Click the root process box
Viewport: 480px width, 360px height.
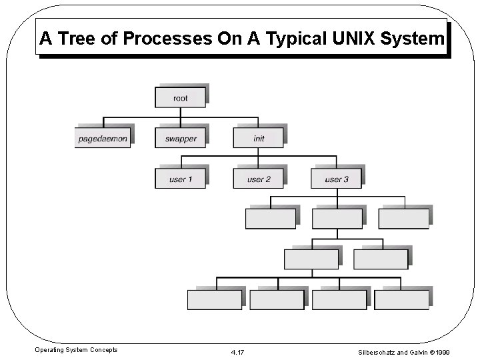click(180, 98)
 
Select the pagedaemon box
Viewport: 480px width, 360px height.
click(103, 139)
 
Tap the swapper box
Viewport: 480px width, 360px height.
click(180, 139)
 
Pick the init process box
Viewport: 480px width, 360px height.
click(258, 139)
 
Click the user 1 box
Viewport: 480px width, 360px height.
click(180, 179)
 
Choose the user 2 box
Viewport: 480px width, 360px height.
click(258, 179)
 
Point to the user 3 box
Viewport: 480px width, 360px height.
click(336, 179)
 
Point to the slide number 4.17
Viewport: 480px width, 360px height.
click(237, 351)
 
